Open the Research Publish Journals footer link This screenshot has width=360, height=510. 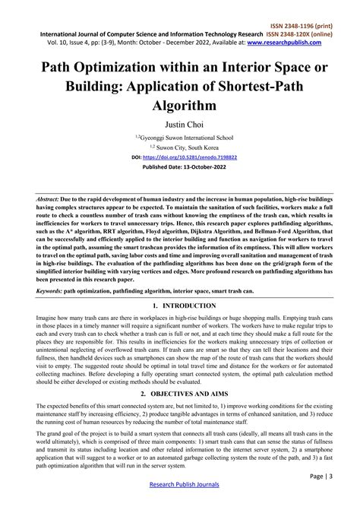click(x=180, y=484)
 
